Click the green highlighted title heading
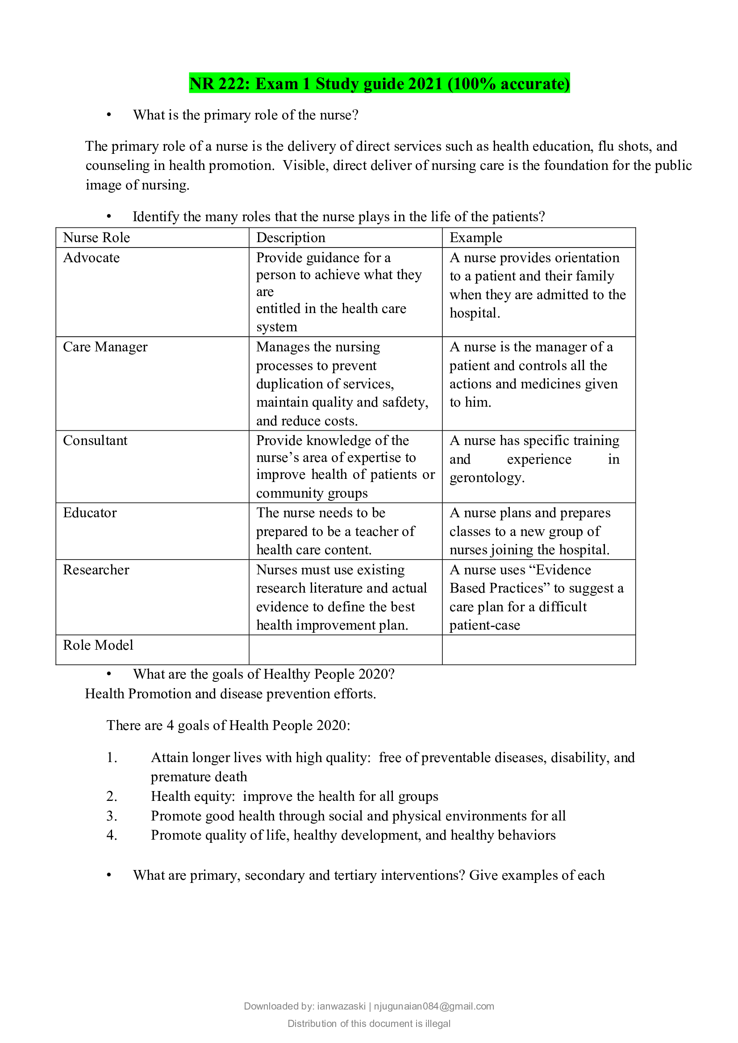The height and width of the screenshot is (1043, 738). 379,83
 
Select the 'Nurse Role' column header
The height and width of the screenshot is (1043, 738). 96,238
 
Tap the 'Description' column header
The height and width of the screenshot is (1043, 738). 291,238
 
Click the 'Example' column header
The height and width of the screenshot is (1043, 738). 475,238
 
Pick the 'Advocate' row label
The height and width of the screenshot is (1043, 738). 92,258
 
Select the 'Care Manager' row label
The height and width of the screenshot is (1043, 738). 105,346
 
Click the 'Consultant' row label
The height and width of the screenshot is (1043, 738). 95,440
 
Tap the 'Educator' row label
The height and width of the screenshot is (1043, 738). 90,512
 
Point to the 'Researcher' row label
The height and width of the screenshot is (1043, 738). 96,569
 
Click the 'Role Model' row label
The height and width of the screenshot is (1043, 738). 98,645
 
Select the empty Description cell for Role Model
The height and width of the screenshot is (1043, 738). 345,650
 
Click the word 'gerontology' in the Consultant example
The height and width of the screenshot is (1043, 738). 487,478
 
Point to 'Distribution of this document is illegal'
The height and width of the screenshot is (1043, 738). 369,1023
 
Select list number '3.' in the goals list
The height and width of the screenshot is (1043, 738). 112,816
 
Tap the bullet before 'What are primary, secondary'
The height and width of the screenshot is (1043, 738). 108,875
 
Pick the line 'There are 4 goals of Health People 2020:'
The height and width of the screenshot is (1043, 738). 228,726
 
